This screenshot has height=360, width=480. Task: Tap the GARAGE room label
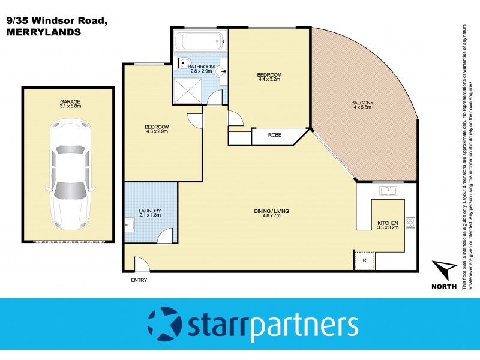70,101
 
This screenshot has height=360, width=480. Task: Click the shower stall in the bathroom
190,90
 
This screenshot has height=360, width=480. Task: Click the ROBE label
275,136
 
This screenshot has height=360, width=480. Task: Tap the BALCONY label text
362,103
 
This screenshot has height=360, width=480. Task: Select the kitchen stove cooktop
410,222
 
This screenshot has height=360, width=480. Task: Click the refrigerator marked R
364,260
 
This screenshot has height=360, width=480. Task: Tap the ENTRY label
138,280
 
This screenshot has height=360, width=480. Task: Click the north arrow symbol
443,271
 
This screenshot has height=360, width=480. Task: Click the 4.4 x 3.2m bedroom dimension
270,80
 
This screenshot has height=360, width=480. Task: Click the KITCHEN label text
387,223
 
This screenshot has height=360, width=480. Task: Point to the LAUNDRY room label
150,211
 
